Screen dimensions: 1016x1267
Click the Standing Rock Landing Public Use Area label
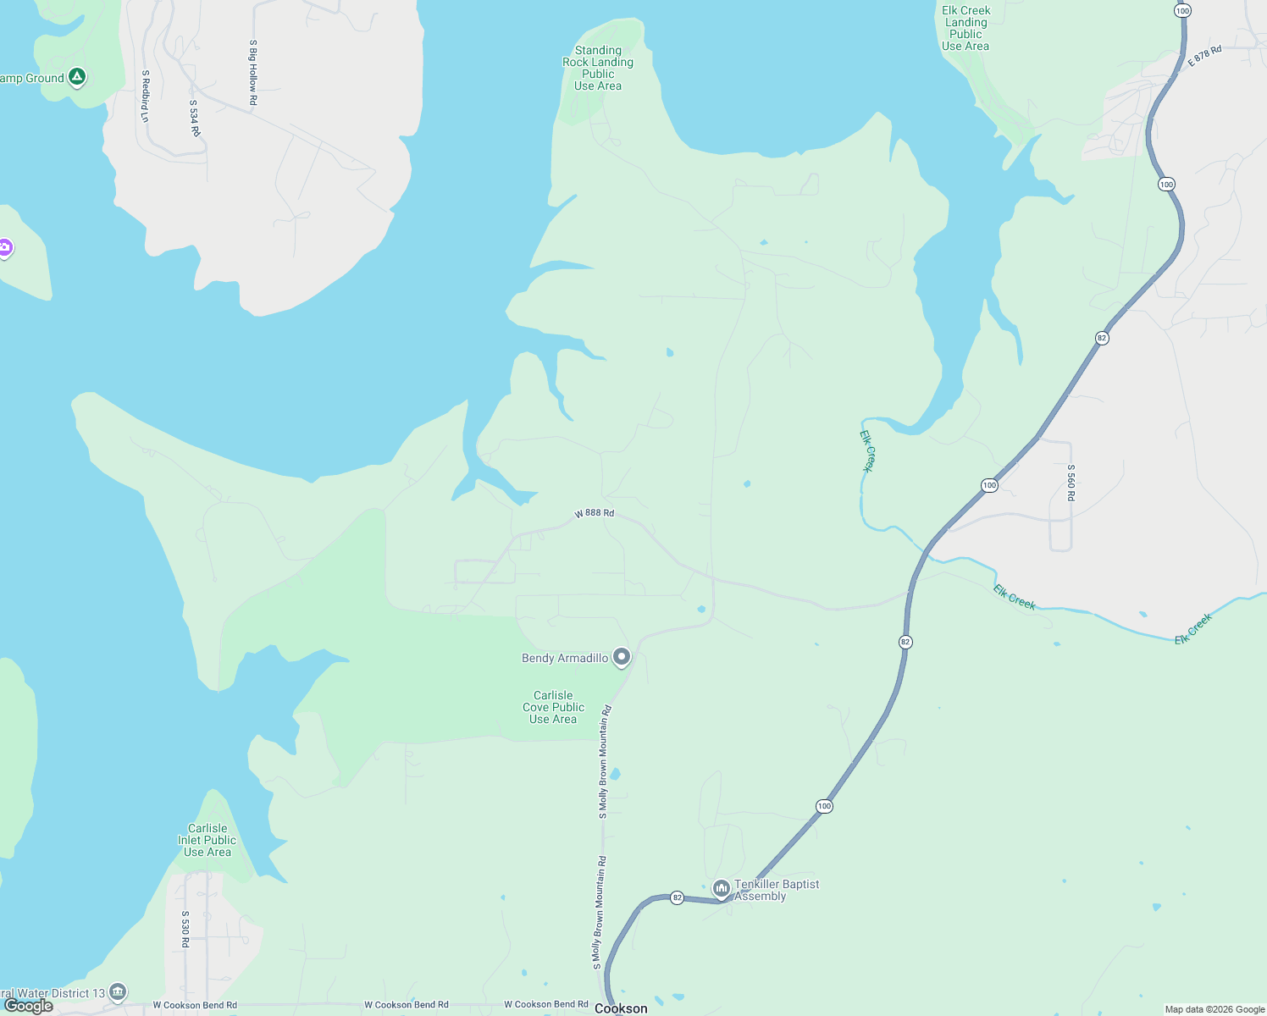598,69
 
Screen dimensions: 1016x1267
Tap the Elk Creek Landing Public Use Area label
965,29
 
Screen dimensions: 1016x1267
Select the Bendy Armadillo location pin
622,657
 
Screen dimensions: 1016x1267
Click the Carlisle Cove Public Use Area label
553,707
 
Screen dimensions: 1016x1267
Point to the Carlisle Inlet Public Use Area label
207,840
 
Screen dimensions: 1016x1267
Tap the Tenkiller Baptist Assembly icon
722,888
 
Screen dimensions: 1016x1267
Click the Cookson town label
621,1008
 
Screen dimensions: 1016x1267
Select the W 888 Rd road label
594,513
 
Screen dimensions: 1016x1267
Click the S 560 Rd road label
1071,483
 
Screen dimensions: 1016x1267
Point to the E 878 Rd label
1204,56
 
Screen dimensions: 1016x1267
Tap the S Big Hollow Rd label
252,73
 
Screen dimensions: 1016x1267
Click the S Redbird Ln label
145,96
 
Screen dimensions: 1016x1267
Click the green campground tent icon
77,77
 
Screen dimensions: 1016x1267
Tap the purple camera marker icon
5,247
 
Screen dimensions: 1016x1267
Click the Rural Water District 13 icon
118,991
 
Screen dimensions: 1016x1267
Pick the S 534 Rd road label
194,119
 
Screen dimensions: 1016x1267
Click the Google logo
29,1006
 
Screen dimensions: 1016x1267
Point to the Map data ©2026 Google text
1214,1009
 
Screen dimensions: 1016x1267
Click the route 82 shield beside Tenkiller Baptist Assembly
677,897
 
